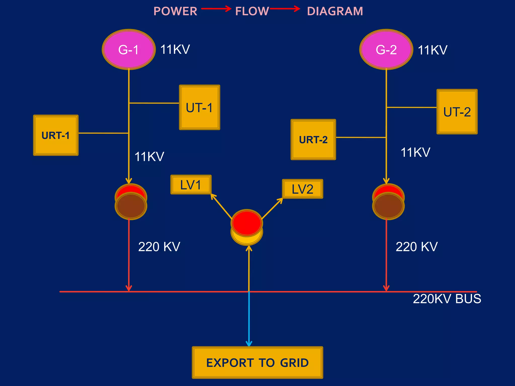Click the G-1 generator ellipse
[x=128, y=50]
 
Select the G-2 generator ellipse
[x=386, y=50]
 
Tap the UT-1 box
[x=199, y=107]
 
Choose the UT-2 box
[x=457, y=112]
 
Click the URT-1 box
[x=56, y=135]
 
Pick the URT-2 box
[x=313, y=139]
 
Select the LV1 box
[x=191, y=185]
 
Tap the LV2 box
[x=303, y=189]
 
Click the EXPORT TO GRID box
[x=257, y=362]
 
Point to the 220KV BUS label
[x=447, y=299]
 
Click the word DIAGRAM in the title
[x=335, y=11]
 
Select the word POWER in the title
[x=175, y=11]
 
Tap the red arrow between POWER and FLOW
[x=216, y=9]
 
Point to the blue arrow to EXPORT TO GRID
[x=249, y=319]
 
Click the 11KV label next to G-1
[x=175, y=49]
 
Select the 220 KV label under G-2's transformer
[x=417, y=247]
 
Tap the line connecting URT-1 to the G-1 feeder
[x=103, y=133]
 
